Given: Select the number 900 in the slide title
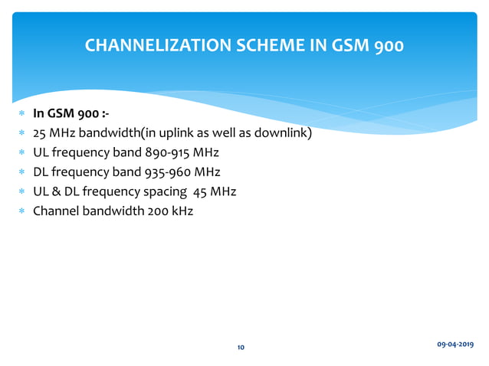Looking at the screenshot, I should pyautogui.click(x=387, y=45).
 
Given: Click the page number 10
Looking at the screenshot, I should pyautogui.click(x=241, y=348).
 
